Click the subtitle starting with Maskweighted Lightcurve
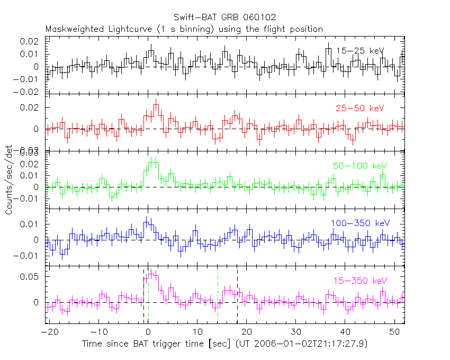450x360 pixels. click(184, 29)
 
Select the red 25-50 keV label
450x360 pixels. click(359, 109)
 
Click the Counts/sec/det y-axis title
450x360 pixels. click(9, 180)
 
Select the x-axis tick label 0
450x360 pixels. click(148, 331)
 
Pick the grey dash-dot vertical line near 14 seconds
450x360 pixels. click(218, 296)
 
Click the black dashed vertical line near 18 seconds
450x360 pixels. click(237, 296)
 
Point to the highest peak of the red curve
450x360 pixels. click(156, 105)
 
